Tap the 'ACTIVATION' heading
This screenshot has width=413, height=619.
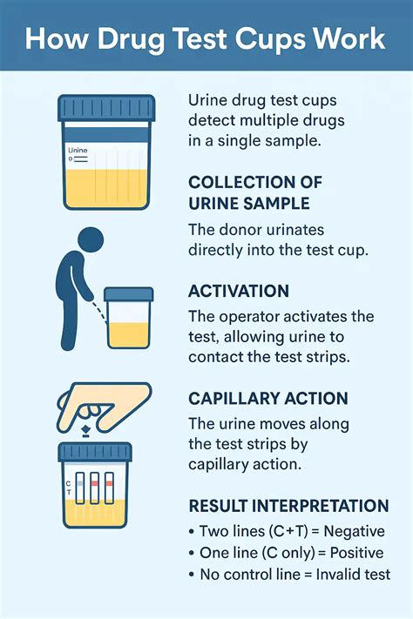click(239, 291)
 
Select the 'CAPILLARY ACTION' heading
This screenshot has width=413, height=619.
click(268, 399)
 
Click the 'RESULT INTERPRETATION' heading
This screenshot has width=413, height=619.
click(288, 506)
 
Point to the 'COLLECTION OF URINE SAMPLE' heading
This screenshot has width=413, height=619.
click(255, 192)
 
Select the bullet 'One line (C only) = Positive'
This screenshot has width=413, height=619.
click(287, 552)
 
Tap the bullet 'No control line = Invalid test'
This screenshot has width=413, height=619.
click(289, 574)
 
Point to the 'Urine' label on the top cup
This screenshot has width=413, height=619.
click(78, 150)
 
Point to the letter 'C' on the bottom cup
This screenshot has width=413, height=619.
click(67, 481)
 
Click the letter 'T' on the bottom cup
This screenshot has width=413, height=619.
click(67, 492)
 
